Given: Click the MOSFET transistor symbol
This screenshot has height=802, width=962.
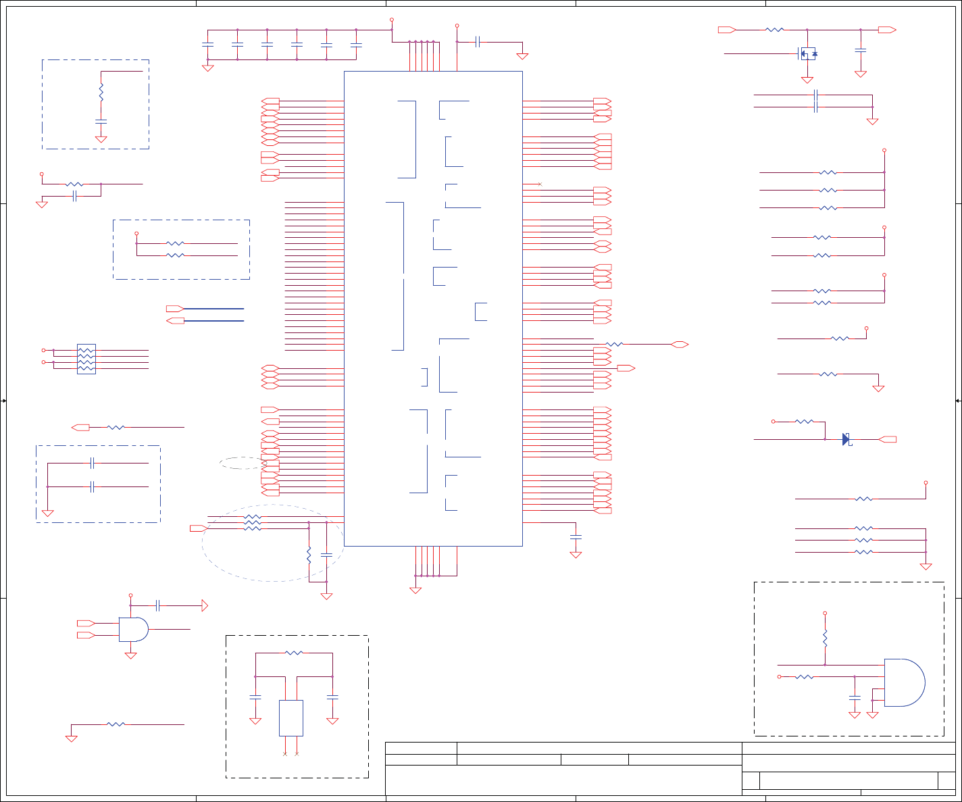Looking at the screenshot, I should click(807, 53).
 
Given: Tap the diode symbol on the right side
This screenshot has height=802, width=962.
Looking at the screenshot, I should click(846, 439).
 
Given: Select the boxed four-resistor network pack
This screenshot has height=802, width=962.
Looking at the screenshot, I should click(86, 359).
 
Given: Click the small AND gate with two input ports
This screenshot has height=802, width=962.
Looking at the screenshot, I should click(133, 629).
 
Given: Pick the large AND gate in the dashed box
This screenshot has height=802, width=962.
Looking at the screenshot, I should click(904, 682).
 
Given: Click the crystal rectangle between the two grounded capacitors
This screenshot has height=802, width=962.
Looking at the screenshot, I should click(291, 718).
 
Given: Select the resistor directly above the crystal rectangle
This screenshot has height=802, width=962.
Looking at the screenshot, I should click(294, 653).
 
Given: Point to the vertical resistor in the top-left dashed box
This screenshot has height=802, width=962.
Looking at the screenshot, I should click(101, 92).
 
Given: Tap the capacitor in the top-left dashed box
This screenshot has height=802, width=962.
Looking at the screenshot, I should click(101, 122).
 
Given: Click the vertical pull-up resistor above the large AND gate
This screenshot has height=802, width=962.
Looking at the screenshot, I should click(825, 638).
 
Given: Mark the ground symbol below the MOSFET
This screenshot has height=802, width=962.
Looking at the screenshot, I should click(807, 80).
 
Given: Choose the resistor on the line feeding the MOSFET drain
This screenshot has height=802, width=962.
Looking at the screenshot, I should click(775, 30).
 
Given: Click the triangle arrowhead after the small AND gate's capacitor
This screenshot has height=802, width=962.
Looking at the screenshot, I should click(205, 605).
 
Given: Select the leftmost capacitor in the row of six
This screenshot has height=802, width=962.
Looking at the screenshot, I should click(207, 45).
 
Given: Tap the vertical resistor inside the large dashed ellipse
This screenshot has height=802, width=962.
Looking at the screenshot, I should click(309, 555).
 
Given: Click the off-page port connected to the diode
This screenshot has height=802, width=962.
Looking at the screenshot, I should click(888, 439).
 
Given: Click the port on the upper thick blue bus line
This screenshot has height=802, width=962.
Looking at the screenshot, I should click(174, 309).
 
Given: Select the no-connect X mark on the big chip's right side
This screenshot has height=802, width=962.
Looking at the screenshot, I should click(539, 184).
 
